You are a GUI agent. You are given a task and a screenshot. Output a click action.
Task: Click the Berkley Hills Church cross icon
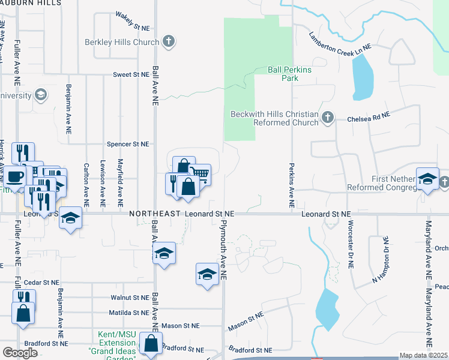[169, 42]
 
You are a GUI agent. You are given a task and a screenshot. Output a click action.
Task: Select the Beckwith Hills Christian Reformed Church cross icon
[328, 118]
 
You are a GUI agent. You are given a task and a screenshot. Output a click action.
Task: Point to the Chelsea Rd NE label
[369, 119]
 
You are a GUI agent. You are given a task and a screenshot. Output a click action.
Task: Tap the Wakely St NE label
[132, 22]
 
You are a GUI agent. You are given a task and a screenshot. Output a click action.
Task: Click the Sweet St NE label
[130, 74]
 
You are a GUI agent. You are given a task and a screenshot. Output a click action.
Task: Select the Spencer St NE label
[127, 144]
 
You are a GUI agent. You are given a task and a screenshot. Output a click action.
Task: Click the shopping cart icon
[200, 174]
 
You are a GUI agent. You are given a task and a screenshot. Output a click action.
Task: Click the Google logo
[20, 352]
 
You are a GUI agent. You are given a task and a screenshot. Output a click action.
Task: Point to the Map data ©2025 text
[423, 355]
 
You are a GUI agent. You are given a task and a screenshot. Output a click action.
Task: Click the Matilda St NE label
[128, 313]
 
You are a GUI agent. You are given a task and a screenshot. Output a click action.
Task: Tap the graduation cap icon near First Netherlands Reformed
[427, 179]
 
